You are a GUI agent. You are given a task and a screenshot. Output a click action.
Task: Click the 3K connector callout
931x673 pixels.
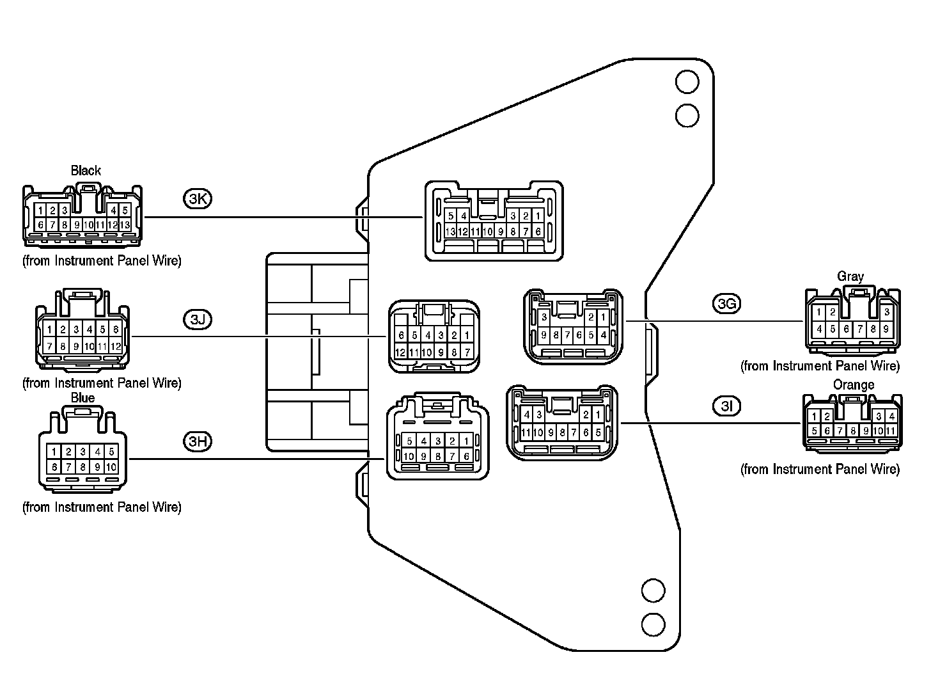(198, 198)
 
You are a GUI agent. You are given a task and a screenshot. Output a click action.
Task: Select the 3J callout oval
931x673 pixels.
(198, 319)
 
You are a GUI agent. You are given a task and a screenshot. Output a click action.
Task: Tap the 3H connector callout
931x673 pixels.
(198, 441)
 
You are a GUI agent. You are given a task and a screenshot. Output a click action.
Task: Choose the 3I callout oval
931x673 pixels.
(726, 406)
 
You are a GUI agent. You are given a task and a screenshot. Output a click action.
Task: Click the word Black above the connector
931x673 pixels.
(86, 170)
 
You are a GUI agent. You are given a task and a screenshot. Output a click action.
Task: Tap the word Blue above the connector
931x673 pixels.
(83, 398)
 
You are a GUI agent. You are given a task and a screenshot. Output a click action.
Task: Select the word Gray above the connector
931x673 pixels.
(850, 276)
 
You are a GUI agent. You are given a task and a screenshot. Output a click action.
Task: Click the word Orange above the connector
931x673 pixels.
(854, 384)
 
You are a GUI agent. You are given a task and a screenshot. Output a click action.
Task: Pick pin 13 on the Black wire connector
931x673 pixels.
(125, 225)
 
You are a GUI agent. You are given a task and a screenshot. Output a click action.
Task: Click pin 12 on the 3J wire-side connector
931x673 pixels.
(116, 346)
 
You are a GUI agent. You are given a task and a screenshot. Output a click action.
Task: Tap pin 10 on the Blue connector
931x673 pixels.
(111, 467)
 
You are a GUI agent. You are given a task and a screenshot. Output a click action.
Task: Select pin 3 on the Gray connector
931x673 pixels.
(887, 312)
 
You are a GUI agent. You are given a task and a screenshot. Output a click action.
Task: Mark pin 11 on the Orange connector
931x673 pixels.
(891, 431)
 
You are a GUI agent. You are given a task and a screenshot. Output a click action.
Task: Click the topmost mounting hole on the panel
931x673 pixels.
(687, 82)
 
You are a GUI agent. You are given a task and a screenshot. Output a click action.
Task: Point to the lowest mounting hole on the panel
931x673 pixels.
(653, 623)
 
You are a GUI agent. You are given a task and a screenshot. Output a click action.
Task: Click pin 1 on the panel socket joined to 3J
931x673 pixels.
(467, 335)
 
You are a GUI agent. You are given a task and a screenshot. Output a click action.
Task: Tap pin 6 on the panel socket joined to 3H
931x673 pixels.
(467, 456)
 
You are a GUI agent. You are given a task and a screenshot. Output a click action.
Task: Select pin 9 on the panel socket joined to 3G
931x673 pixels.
(544, 334)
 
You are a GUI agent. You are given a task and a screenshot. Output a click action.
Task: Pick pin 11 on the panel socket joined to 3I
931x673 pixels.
(526, 432)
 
